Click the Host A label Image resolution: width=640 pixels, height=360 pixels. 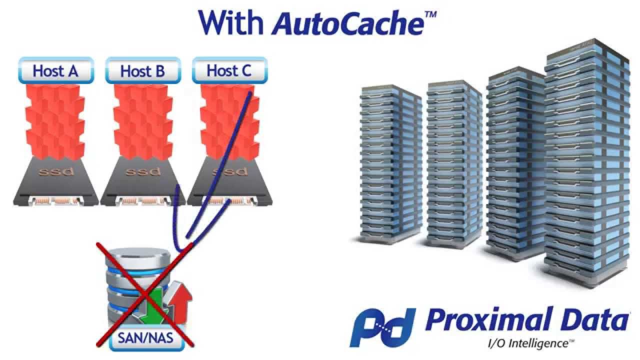(55, 71)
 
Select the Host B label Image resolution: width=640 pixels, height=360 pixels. (142, 71)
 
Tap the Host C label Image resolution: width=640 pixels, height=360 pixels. (229, 70)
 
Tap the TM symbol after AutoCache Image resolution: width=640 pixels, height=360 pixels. (430, 13)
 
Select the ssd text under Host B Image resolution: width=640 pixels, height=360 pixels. (142, 172)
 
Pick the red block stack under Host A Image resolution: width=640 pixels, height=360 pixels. (55, 120)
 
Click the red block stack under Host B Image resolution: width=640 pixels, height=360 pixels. (142, 120)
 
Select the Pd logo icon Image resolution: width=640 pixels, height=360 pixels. (382, 327)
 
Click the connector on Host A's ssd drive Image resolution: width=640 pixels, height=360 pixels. (55, 201)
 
